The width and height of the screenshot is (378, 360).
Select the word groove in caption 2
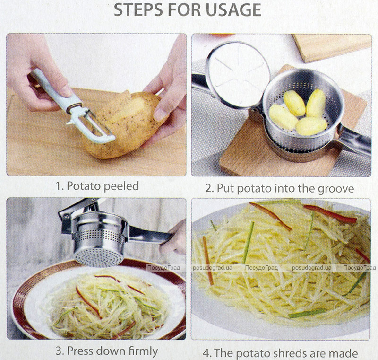336,189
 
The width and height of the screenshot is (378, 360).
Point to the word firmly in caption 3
143,351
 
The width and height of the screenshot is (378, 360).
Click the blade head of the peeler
91,126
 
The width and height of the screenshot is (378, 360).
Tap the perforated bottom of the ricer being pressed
99,256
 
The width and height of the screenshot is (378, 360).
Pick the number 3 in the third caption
59,351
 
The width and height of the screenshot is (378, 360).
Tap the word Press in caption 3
80,351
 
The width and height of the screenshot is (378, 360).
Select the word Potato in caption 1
84,186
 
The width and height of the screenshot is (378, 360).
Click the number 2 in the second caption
209,189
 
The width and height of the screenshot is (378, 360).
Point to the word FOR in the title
183,9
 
